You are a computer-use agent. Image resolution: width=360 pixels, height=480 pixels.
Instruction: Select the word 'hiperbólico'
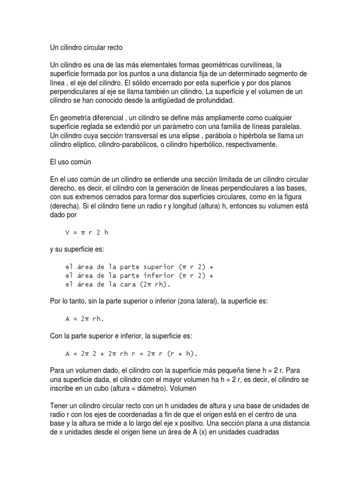[x=202, y=145]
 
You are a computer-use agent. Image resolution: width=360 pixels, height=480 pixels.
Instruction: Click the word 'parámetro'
[x=157, y=127]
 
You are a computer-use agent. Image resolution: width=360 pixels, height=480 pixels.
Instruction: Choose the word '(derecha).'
[x=65, y=206]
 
